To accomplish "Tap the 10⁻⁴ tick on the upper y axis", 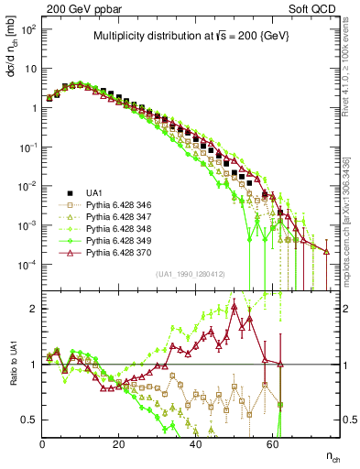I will (x=27, y=265).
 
